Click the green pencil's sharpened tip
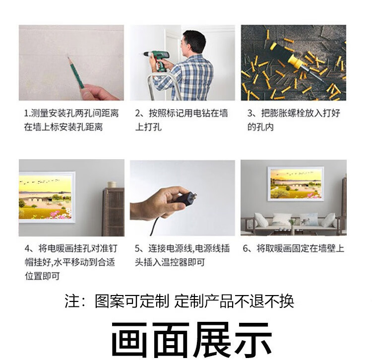68,57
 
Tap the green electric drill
158,60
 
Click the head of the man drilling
193,42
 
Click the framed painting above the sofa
296,184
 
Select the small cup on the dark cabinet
112,184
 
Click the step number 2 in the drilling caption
138,114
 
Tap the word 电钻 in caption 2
201,113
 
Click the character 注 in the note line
72,301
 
